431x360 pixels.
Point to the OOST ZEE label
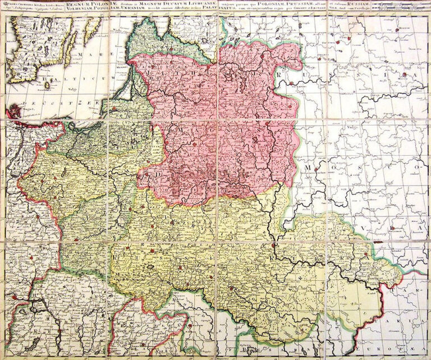(x=51, y=103)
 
